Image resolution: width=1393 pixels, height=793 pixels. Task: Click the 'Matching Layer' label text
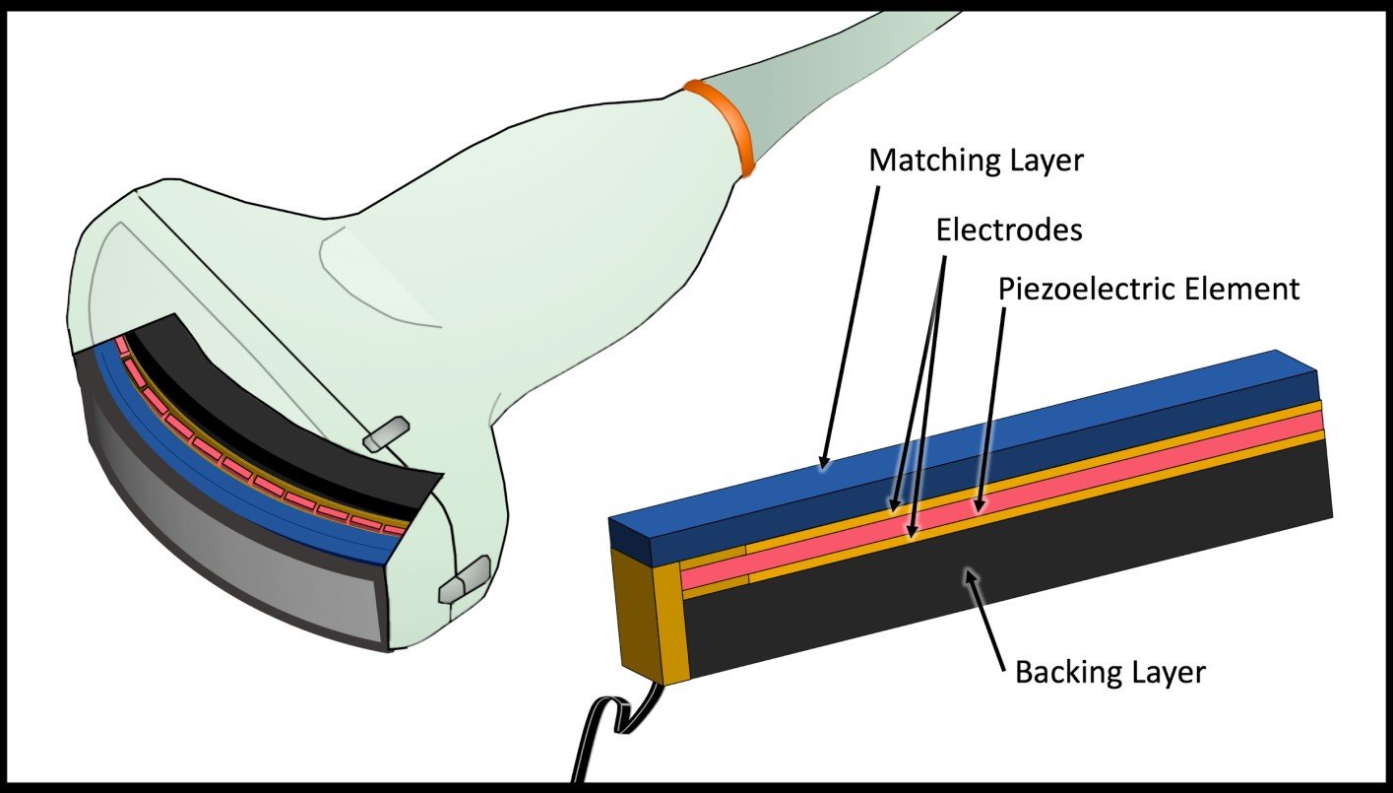tap(976, 161)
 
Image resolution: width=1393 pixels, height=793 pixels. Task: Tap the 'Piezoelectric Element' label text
tap(1149, 290)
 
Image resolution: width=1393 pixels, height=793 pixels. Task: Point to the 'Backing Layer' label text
tap(1109, 674)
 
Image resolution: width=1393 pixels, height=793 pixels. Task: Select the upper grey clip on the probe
tap(384, 434)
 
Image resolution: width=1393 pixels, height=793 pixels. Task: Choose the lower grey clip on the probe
tap(464, 579)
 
